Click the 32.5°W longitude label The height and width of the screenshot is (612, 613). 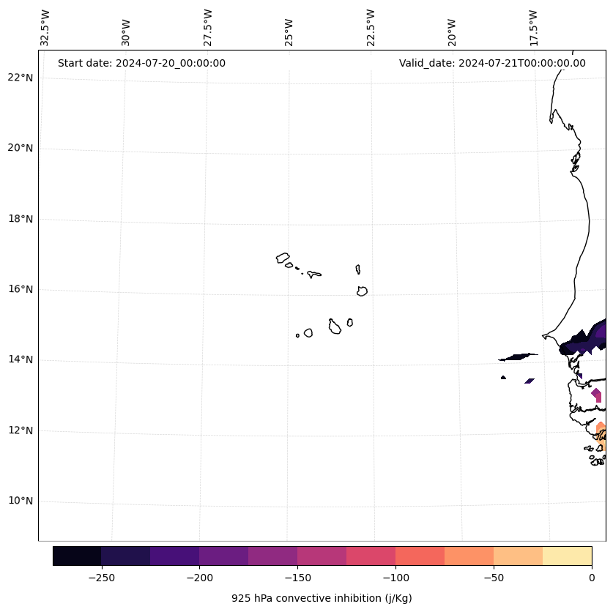point(45,28)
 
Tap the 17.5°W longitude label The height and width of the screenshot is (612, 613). point(533,28)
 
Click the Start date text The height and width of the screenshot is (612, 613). point(141,63)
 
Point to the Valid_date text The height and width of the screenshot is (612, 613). point(492,63)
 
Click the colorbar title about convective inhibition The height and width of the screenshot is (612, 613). point(322,598)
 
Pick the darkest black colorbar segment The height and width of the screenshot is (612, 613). point(77,556)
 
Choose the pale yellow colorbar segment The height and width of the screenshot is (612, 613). point(567,556)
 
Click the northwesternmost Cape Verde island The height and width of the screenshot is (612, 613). point(283,258)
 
